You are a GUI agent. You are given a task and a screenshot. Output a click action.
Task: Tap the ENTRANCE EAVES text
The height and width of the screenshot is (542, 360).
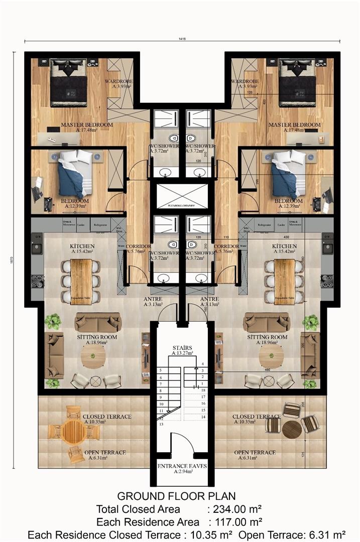click(182, 466)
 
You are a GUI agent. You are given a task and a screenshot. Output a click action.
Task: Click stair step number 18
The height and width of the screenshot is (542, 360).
click(203, 390)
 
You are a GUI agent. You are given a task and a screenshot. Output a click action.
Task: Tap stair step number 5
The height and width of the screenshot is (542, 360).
click(161, 370)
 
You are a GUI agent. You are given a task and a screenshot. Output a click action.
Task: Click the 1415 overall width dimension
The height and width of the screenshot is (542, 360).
click(181, 38)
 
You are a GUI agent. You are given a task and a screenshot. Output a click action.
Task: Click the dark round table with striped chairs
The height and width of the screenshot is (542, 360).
click(291, 429)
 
